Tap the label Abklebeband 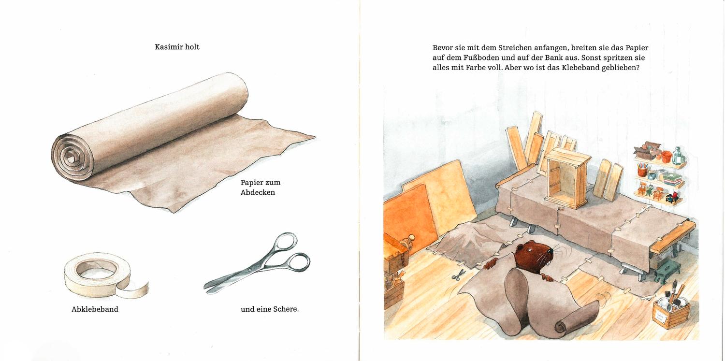[95, 309]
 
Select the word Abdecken [258, 192]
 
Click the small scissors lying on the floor [458, 275]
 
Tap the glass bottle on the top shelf [678, 156]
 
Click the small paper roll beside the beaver [576, 320]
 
